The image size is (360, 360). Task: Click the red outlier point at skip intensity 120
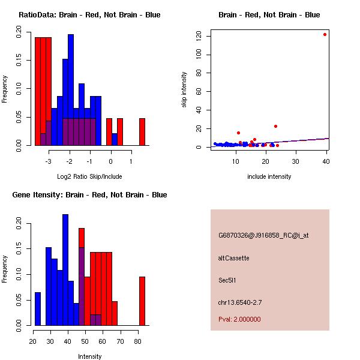pyautogui.click(x=325, y=34)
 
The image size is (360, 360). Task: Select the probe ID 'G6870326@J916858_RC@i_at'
pyautogui.click(x=263, y=236)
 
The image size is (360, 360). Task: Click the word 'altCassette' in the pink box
pyautogui.click(x=233, y=258)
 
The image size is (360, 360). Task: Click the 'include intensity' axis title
pyautogui.click(x=269, y=176)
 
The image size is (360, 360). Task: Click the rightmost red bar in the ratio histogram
pyautogui.click(x=142, y=131)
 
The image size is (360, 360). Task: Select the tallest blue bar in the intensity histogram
pyautogui.click(x=65, y=270)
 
